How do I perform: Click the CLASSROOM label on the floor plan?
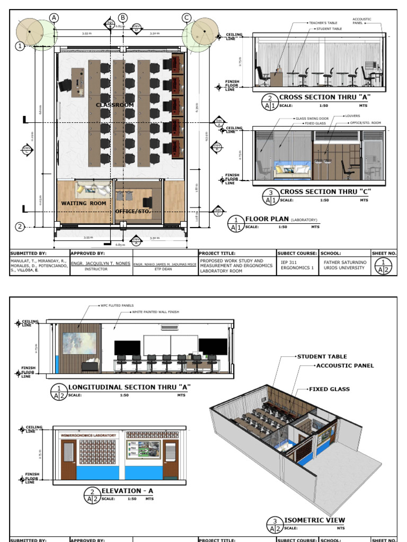(x=114, y=105)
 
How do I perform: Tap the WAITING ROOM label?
(x=83, y=203)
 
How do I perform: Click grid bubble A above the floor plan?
(x=54, y=18)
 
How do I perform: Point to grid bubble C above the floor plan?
(x=187, y=18)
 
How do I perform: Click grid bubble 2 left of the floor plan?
(x=20, y=227)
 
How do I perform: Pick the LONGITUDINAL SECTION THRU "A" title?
(x=129, y=387)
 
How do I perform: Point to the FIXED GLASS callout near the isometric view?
(x=330, y=389)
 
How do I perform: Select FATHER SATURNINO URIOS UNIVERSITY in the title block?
(x=344, y=264)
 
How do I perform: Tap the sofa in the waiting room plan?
(x=93, y=189)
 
